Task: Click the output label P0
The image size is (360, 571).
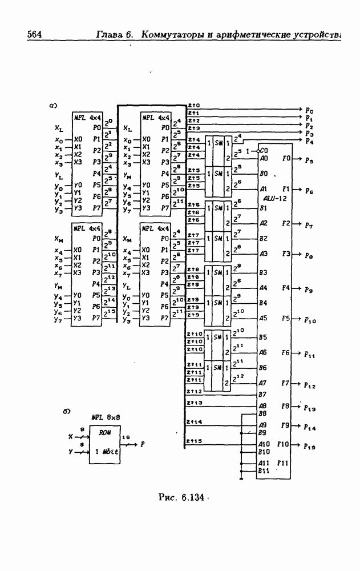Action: pyautogui.click(x=309, y=110)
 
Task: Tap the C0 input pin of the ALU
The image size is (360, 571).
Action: pyautogui.click(x=264, y=151)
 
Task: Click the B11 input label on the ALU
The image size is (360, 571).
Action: pyautogui.click(x=264, y=471)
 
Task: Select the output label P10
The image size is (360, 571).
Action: pyautogui.click(x=310, y=320)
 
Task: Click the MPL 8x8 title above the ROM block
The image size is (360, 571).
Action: pyautogui.click(x=104, y=417)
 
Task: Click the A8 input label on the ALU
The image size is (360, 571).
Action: pyautogui.click(x=264, y=405)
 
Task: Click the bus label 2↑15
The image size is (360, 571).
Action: pyautogui.click(x=195, y=441)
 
